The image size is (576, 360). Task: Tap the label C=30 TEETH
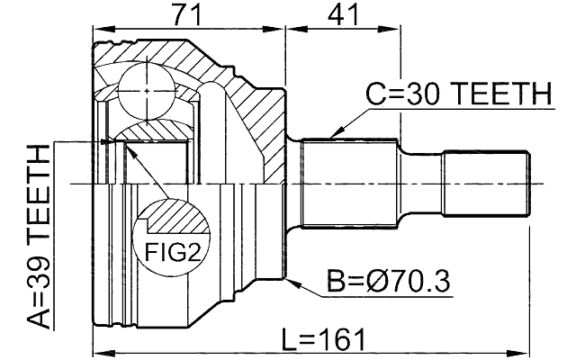(457, 94)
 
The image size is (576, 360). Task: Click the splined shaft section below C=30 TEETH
(349, 184)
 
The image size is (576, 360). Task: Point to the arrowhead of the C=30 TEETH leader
(332, 136)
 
